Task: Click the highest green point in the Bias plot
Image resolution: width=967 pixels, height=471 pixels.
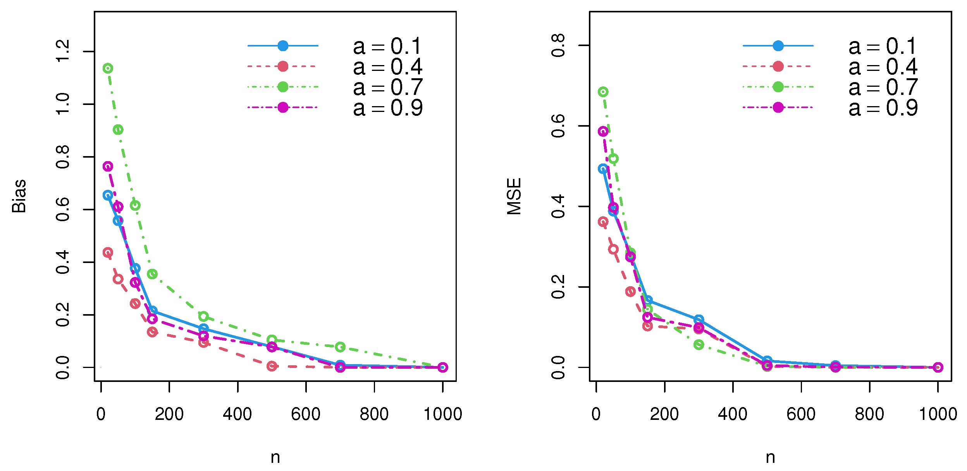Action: (108, 69)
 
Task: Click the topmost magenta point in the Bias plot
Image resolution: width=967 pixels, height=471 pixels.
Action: (108, 167)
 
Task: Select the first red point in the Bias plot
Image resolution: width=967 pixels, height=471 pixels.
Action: (108, 253)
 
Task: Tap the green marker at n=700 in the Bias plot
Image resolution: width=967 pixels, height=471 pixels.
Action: (340, 347)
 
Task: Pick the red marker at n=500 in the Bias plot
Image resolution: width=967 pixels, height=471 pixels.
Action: (272, 366)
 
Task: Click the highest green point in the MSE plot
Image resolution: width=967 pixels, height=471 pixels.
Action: (603, 92)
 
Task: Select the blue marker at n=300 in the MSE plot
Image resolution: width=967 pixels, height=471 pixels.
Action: (699, 320)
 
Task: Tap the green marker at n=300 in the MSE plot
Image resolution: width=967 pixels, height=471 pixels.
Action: (699, 345)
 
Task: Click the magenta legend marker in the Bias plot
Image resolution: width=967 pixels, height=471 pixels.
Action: (283, 107)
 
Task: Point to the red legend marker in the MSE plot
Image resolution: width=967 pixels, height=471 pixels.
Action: (778, 67)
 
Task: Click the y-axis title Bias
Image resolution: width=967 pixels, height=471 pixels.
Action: (19, 196)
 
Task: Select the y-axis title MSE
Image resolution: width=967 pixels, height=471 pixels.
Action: (514, 196)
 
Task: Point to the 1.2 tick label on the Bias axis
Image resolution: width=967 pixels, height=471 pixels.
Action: (62, 51)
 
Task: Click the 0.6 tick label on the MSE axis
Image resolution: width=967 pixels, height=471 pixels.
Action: (558, 126)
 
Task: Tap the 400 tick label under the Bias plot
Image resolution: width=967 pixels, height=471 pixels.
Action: (237, 414)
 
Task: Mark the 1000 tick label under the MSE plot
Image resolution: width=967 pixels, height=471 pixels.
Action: (938, 414)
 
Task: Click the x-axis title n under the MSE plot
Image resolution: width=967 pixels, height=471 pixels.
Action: (770, 457)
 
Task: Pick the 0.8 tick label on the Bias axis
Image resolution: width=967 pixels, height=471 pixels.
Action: (62, 157)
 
